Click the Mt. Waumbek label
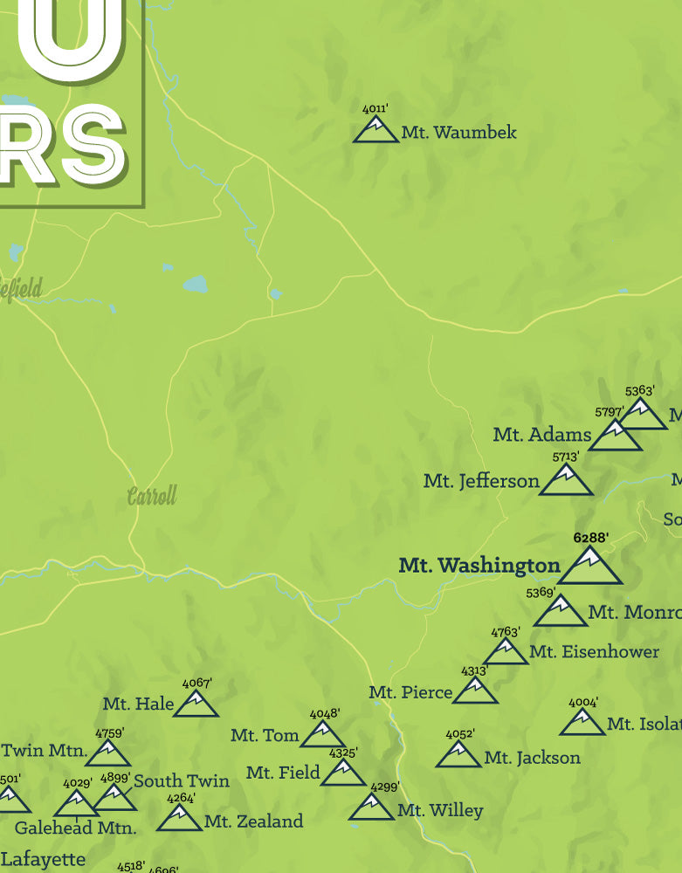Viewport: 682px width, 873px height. [458, 133]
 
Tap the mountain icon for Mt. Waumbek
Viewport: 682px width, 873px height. [375, 131]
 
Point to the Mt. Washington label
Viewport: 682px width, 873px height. [479, 566]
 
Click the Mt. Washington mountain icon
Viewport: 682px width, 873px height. [589, 567]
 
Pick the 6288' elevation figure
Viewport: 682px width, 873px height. [590, 538]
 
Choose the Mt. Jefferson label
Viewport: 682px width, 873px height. [481, 481]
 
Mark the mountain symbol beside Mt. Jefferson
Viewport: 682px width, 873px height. [565, 481]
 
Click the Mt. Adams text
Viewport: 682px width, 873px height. [541, 434]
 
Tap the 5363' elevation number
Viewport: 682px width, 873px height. [640, 392]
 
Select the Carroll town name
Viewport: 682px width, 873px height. [152, 497]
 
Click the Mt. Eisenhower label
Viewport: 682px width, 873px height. [594, 651]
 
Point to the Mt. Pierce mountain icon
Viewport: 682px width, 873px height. [475, 691]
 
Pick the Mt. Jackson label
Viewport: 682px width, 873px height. [532, 758]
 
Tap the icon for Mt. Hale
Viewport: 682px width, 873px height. [196, 704]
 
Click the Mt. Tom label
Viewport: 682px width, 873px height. [265, 736]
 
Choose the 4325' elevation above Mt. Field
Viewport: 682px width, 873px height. [343, 753]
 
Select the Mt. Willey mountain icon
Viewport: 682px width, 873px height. [371, 808]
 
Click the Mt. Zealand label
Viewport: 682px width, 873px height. [253, 821]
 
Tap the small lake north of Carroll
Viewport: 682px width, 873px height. [196, 284]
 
